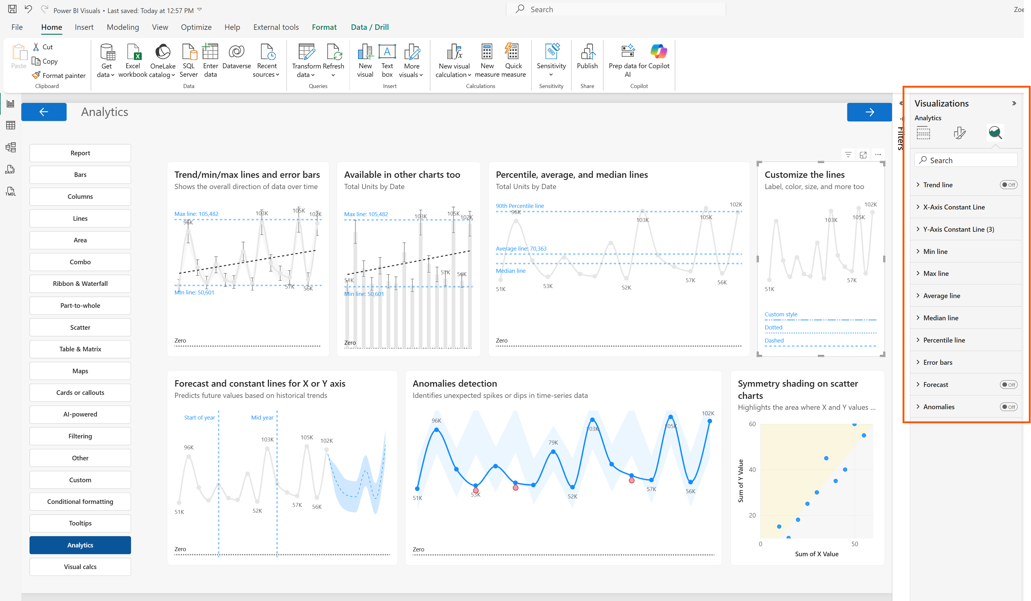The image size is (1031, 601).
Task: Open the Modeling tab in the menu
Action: pyautogui.click(x=123, y=27)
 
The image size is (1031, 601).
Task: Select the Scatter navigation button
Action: pyautogui.click(x=80, y=327)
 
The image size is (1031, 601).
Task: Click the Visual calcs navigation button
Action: pyautogui.click(x=80, y=567)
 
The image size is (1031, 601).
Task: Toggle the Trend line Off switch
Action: pyautogui.click(x=1008, y=185)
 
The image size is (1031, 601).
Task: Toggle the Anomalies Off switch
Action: pyautogui.click(x=1008, y=406)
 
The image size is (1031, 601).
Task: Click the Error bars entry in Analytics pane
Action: pyautogui.click(x=937, y=362)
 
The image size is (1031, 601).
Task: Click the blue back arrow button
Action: pyautogui.click(x=44, y=112)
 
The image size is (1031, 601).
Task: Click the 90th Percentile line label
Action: pyautogui.click(x=520, y=206)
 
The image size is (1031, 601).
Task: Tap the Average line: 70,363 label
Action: pyautogui.click(x=521, y=248)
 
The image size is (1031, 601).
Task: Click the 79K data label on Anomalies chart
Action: pyautogui.click(x=553, y=442)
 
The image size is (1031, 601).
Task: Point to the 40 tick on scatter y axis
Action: pyautogui.click(x=752, y=469)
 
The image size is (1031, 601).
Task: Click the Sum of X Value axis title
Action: pyautogui.click(x=816, y=554)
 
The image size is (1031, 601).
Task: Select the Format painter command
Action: pyautogui.click(x=59, y=75)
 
